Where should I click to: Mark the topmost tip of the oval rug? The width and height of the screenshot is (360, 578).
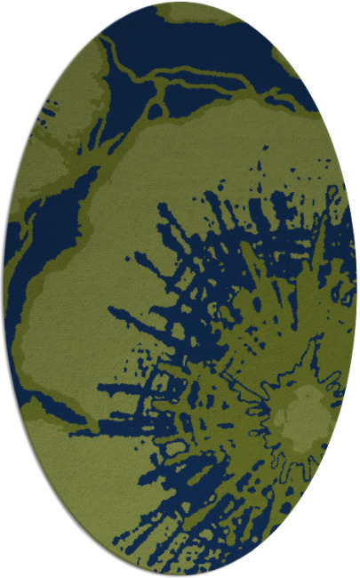[x=180, y=3]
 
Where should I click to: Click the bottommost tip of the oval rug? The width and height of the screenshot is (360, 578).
[x=180, y=575]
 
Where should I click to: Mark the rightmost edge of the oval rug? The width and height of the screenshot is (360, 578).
[x=356, y=289]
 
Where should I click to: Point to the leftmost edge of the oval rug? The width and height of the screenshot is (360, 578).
[x=4, y=289]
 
